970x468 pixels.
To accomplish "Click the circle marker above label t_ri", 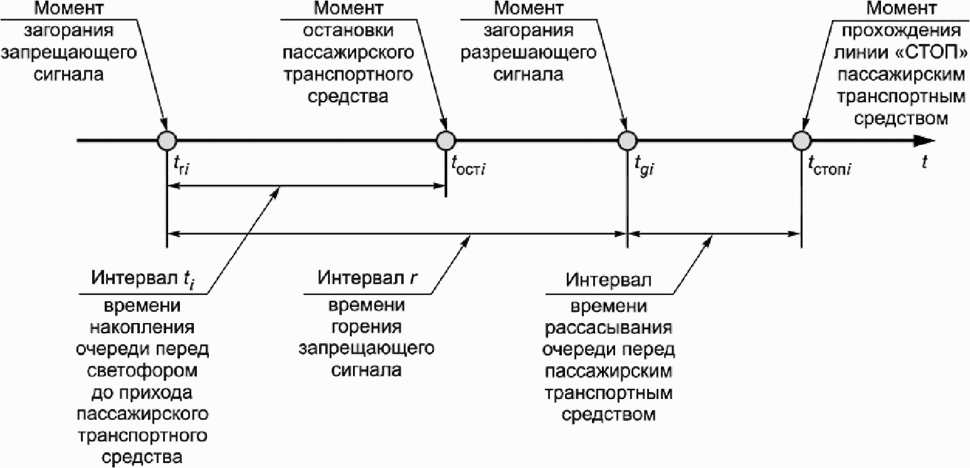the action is pos(167,141).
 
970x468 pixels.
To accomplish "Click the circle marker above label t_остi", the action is pos(446,141).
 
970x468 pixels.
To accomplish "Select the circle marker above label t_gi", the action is pos(627,141).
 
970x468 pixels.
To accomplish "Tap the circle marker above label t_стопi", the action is pos(801,141).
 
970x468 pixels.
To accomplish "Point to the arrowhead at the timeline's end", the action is pos(924,141).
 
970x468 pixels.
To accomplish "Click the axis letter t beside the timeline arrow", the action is pos(924,162).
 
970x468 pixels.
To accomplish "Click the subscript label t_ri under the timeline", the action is pos(181,166).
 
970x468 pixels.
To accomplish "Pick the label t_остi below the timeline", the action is pos(468,166).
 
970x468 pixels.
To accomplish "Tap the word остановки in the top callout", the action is pos(348,31).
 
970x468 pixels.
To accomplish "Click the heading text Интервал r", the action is pos(367,277).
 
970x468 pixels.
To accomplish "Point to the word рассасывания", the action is pos(608,328).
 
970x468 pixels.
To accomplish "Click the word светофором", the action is pos(142,371).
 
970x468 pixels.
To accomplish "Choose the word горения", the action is pos(366,327).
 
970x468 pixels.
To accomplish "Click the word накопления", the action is pos(142,327).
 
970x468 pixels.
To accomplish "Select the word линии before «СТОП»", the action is pos(860,53).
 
